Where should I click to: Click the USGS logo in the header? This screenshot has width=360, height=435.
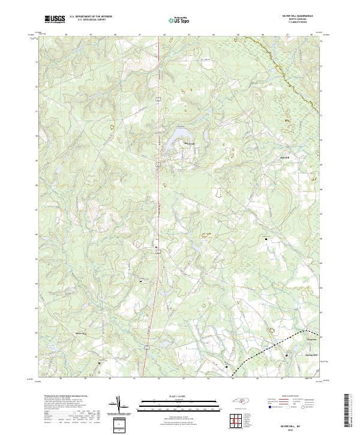coord(55,20)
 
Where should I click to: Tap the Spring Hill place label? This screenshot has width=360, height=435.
coord(295,355)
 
